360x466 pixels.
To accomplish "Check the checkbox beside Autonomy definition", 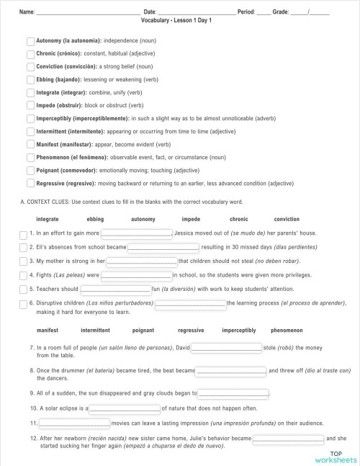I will (30, 41).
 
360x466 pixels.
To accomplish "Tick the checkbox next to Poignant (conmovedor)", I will (30, 171).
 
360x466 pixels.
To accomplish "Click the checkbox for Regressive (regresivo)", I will (30, 184).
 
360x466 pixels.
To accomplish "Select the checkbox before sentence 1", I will (24, 234).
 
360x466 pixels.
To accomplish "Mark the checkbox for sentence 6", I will (24, 304).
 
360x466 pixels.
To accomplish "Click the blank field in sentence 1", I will (136, 233).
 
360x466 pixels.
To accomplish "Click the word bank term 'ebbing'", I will (95, 219).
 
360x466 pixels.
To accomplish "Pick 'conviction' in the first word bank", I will (287, 219).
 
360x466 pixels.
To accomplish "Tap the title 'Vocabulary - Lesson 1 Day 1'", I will (177, 21).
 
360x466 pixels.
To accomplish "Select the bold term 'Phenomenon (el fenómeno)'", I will (71, 158).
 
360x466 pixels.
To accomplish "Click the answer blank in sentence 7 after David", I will (227, 348).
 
